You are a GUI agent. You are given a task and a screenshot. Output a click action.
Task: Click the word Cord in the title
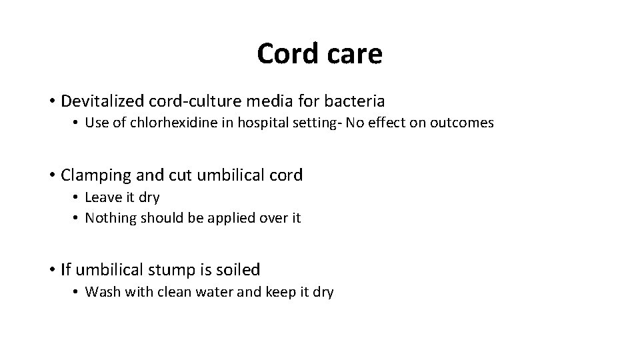click(285, 54)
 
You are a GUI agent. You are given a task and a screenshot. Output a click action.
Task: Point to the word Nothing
click(109, 217)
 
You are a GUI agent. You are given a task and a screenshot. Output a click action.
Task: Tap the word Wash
click(101, 291)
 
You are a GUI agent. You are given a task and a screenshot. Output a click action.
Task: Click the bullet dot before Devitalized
click(51, 102)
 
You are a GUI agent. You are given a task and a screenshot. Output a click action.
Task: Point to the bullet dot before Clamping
click(51, 176)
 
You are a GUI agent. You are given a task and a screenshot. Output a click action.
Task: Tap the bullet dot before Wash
click(77, 292)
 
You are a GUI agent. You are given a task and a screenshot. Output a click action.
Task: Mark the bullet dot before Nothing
click(77, 218)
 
